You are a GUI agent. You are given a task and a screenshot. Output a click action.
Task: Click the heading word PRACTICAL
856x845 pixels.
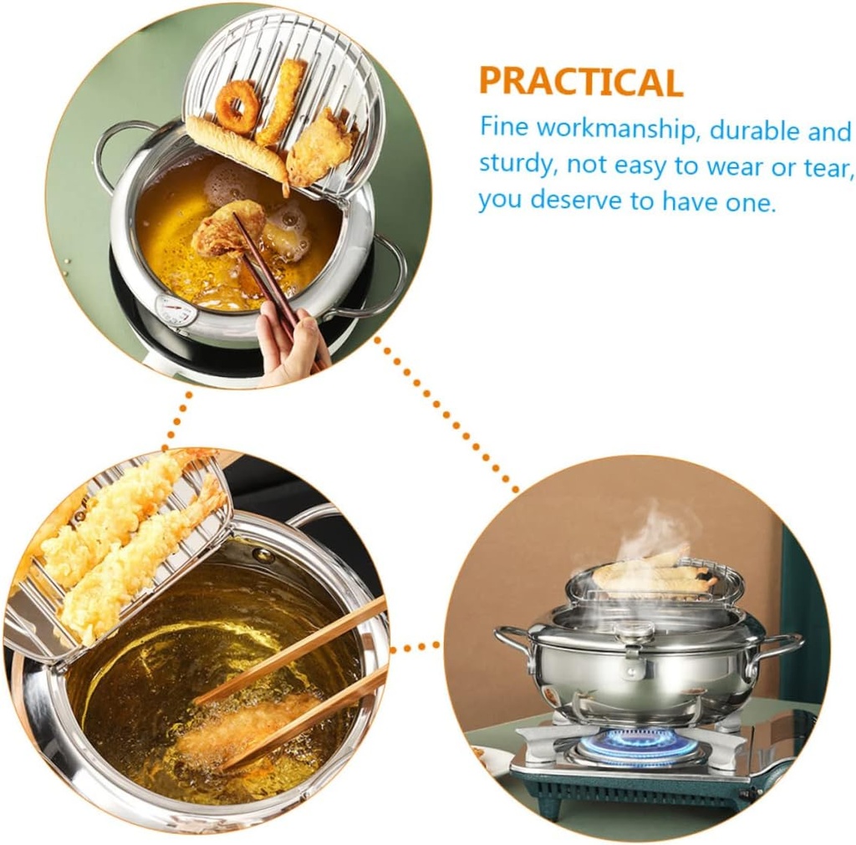click(580, 82)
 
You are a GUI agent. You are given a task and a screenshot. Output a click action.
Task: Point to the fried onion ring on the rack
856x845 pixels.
click(238, 106)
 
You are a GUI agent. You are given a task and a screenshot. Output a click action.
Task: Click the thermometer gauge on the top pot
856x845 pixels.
click(176, 311)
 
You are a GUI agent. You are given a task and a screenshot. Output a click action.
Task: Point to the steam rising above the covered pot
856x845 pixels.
click(656, 531)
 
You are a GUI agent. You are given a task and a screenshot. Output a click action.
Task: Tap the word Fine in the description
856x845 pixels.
click(504, 128)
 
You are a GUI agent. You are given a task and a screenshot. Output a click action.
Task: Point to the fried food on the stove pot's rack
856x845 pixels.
click(652, 577)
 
